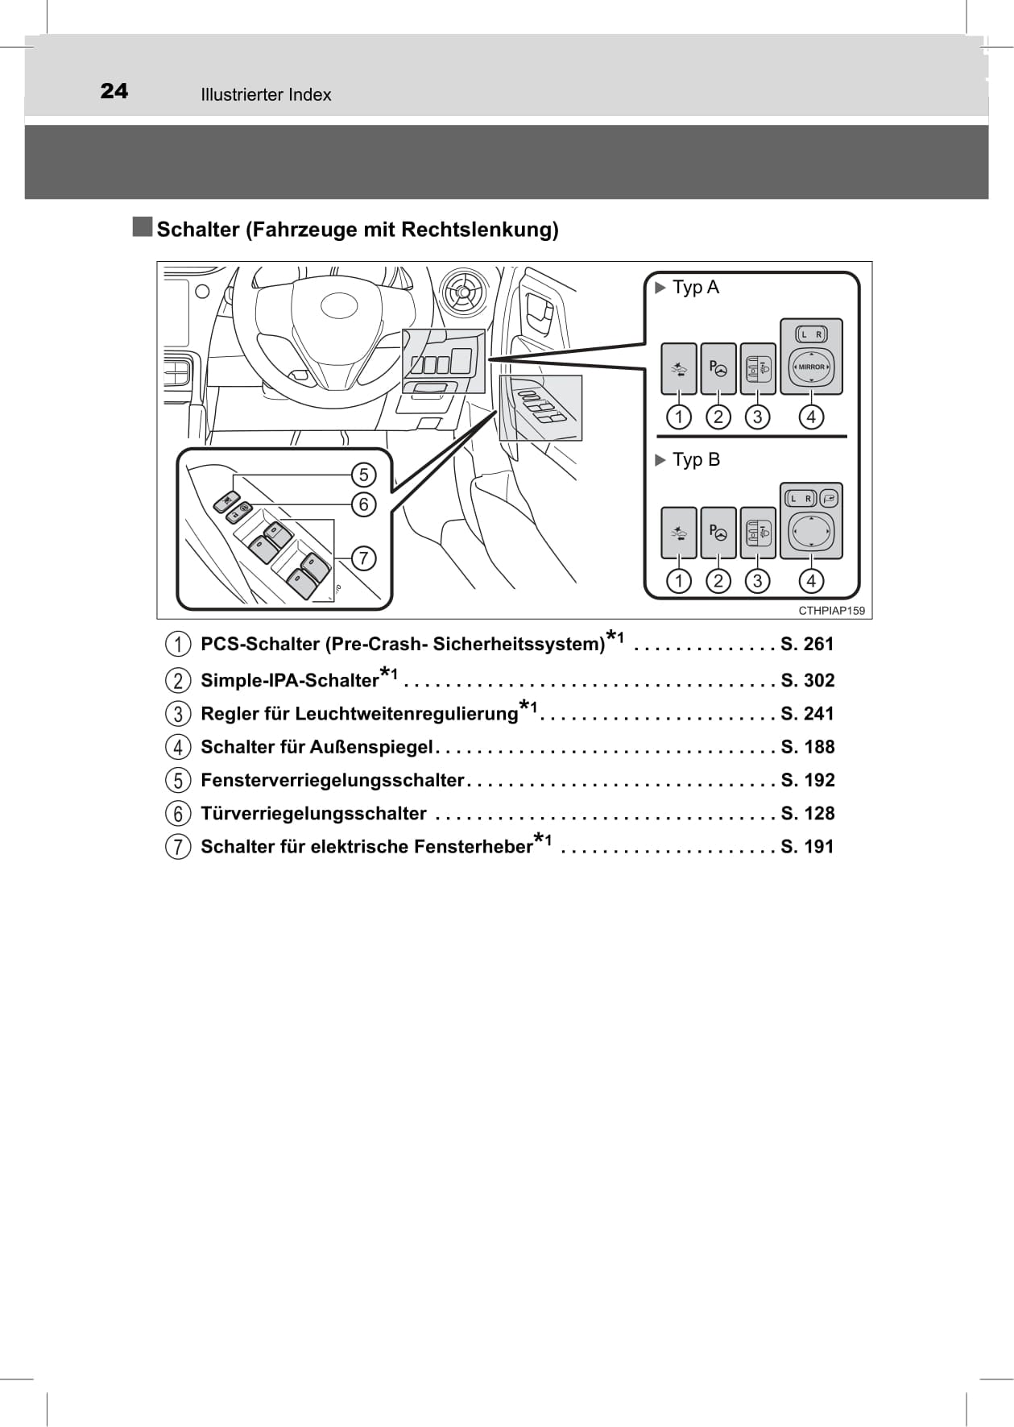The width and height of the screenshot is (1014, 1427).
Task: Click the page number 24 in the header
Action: [x=114, y=91]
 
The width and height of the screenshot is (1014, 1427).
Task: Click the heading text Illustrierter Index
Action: [x=266, y=95]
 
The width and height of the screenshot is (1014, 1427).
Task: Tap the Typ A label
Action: [x=695, y=288]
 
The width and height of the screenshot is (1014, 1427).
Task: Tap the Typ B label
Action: [x=696, y=460]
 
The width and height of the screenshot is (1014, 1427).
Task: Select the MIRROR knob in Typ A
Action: [x=811, y=367]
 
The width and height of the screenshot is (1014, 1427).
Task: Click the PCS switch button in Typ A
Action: [x=679, y=369]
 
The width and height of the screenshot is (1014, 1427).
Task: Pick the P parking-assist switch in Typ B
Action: [x=718, y=533]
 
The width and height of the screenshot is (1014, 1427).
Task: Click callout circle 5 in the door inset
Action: [x=363, y=475]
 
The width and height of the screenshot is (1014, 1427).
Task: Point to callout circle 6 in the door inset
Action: [x=363, y=504]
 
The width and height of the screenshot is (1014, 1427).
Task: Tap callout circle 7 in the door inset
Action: [x=363, y=558]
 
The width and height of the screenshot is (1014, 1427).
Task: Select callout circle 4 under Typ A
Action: [x=811, y=417]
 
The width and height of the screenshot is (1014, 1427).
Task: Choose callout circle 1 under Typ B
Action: [x=679, y=581]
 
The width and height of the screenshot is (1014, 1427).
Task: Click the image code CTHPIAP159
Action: [x=831, y=611]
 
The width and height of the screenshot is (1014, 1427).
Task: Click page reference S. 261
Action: [x=807, y=645]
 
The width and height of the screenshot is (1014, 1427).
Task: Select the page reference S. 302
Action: [x=807, y=681]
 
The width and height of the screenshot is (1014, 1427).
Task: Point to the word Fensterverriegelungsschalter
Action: [x=332, y=781]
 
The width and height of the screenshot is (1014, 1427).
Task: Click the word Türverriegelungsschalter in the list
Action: [x=313, y=814]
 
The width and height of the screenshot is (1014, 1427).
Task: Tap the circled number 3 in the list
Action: [x=178, y=714]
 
